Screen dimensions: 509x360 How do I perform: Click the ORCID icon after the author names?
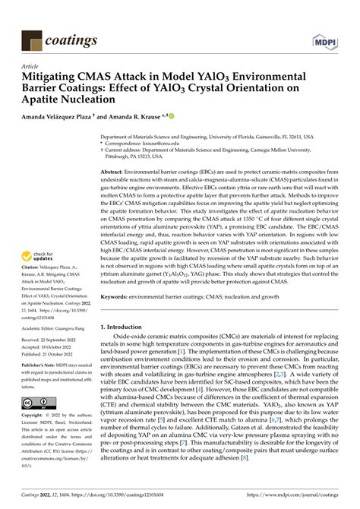[x=171, y=116]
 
